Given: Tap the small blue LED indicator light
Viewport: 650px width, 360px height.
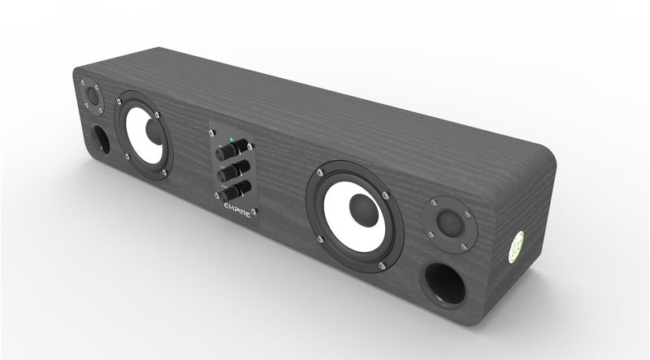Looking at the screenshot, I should coord(232,140).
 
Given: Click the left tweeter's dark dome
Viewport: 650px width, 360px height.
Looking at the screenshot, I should coord(92,96).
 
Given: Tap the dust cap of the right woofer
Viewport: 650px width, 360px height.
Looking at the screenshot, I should coord(361,214).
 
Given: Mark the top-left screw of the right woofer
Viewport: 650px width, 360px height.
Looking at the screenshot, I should coord(323,172).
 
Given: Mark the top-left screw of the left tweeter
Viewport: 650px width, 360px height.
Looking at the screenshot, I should coord(83,83).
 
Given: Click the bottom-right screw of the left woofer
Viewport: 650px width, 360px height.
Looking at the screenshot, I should coord(165,171).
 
